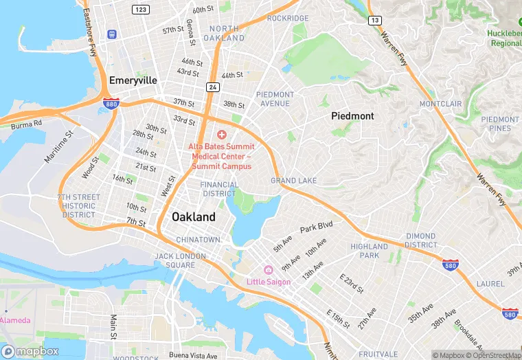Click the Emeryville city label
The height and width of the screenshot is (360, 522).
click(x=133, y=80)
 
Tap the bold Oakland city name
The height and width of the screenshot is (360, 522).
click(x=193, y=216)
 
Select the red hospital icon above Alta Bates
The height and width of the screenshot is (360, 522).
click(x=221, y=134)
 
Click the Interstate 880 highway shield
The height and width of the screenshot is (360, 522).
click(x=110, y=104)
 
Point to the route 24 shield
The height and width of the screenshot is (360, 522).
click(x=213, y=87)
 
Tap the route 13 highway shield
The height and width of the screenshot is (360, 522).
click(x=374, y=21)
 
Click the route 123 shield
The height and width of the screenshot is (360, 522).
click(x=141, y=9)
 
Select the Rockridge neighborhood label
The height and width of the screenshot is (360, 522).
click(x=287, y=19)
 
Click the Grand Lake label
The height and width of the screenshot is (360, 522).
click(x=293, y=181)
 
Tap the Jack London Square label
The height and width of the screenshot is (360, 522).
click(x=174, y=260)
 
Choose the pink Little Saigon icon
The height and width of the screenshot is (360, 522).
click(x=268, y=270)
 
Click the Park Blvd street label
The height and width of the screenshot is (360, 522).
click(x=316, y=227)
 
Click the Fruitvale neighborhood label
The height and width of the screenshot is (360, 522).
click(x=378, y=354)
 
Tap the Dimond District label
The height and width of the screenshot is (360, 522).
click(x=420, y=240)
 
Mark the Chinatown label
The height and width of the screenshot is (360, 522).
click(x=198, y=239)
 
